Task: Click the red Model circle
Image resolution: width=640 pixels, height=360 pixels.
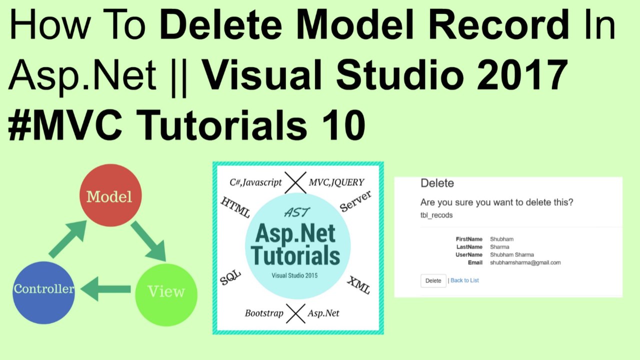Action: pos(110,196)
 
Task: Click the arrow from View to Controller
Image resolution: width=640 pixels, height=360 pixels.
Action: pos(106,289)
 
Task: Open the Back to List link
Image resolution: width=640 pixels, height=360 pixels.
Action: pos(464,280)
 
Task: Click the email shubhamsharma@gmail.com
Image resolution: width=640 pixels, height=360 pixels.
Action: pos(525,262)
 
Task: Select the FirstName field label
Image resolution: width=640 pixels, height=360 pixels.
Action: pos(469,239)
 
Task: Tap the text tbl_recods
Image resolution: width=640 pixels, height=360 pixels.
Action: pos(436,215)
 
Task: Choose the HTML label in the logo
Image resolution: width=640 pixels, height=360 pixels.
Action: pos(235,206)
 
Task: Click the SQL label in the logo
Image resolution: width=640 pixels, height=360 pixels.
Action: pos(230,277)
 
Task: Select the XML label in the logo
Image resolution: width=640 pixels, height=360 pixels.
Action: pos(358,284)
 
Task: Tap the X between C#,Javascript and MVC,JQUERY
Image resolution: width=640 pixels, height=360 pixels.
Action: pos(295,182)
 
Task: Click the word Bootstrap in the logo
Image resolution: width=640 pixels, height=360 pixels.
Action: pos(264,313)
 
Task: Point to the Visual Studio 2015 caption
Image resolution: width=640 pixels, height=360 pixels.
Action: pos(294,275)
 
